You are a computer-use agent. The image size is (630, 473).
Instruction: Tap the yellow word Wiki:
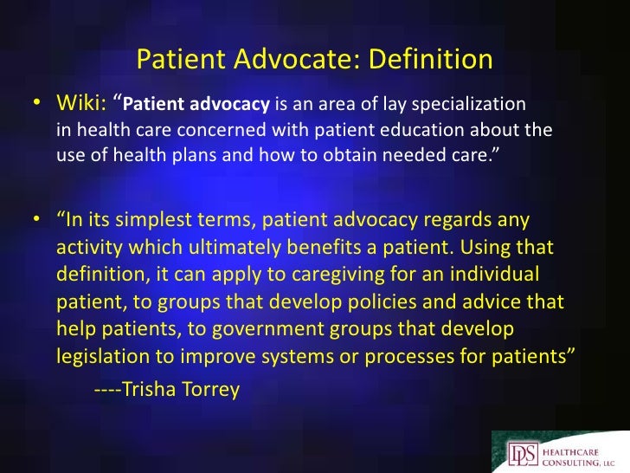click(x=83, y=105)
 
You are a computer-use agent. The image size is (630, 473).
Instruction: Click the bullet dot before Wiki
click(x=39, y=105)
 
